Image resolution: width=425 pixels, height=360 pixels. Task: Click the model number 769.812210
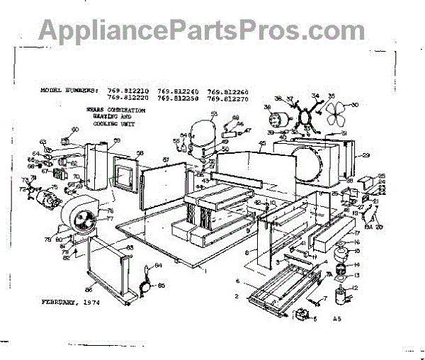tap(128, 91)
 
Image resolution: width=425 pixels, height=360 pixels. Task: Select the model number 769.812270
tap(227, 99)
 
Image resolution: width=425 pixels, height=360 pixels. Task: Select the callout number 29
tap(366, 154)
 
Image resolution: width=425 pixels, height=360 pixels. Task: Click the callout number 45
tap(261, 145)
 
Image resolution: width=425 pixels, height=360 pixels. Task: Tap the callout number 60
tap(74, 130)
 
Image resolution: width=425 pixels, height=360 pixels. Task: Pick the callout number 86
tap(89, 291)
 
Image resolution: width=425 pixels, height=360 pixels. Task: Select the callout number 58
tap(140, 153)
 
